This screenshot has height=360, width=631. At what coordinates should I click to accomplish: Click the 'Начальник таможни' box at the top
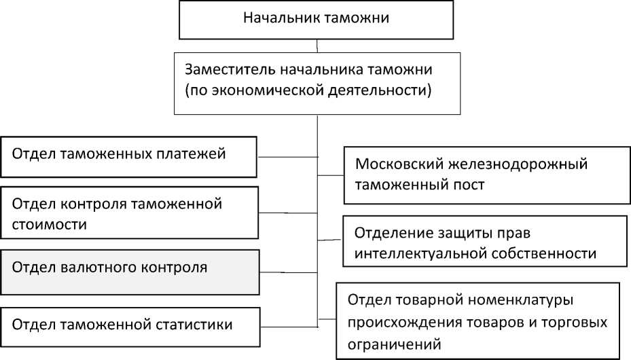(317, 20)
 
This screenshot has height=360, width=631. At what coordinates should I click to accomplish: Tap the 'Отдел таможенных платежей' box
(129, 156)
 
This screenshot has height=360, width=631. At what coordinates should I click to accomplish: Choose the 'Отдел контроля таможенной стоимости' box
(129, 213)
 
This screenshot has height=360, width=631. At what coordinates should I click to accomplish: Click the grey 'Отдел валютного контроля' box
(129, 272)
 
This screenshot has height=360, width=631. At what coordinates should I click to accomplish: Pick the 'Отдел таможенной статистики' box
(129, 325)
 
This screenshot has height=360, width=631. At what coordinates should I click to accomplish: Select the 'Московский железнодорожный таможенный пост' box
(484, 175)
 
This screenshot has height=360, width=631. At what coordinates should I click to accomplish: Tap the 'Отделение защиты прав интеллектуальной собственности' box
(484, 242)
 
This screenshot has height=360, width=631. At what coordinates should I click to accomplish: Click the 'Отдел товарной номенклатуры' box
(478, 321)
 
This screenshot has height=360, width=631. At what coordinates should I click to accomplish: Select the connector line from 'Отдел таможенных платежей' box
(287, 157)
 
